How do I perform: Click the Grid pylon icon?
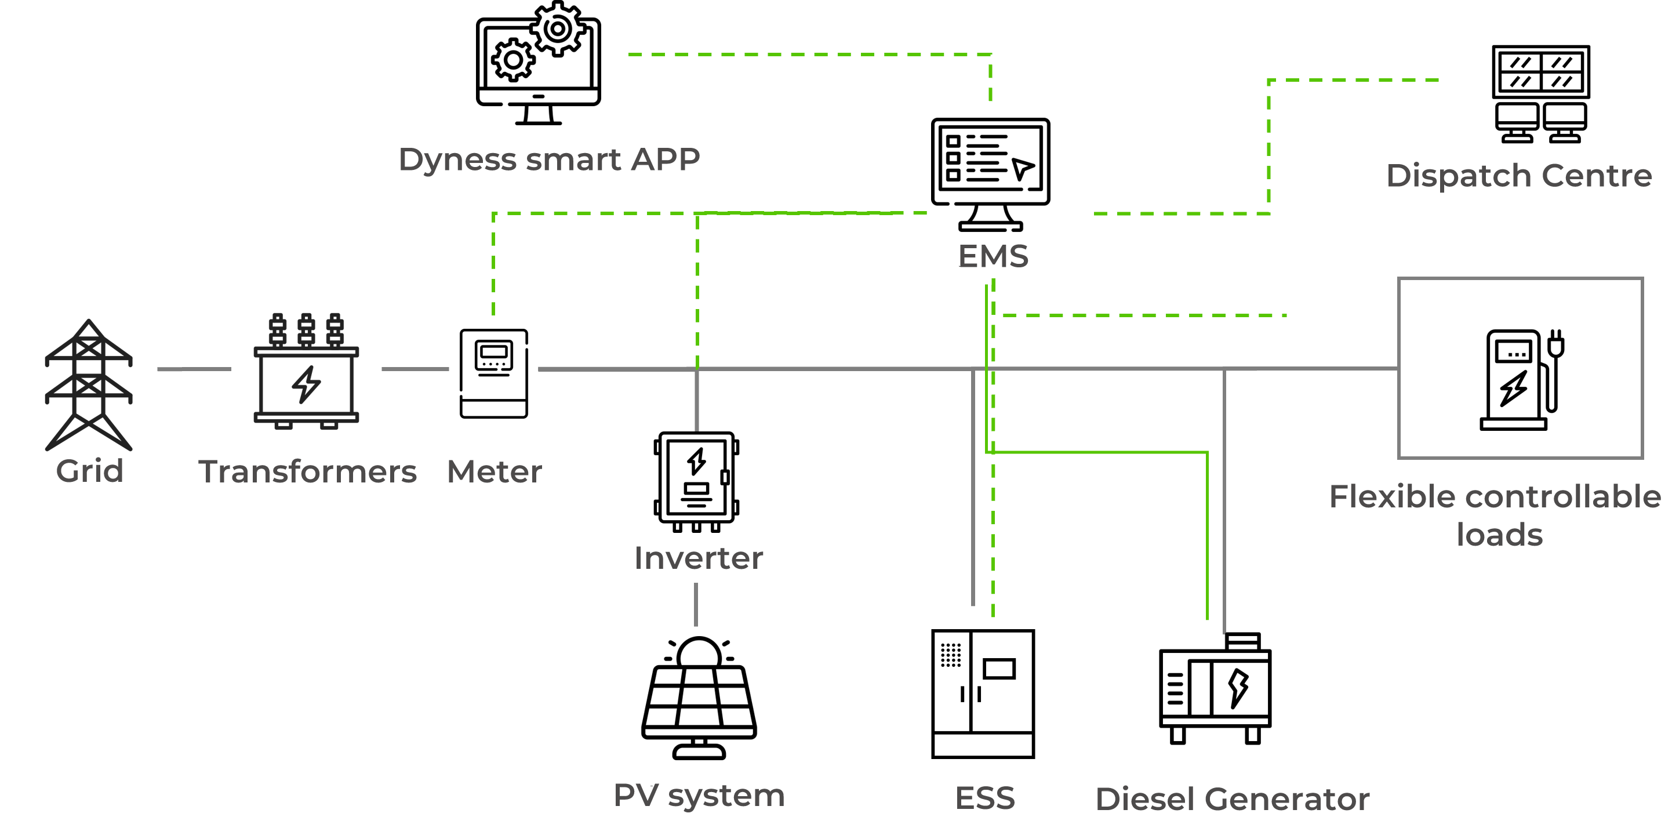click(x=88, y=384)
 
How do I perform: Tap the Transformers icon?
click(x=306, y=373)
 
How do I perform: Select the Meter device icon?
click(x=494, y=373)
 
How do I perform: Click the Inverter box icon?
click(x=696, y=481)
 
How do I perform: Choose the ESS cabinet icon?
click(x=983, y=693)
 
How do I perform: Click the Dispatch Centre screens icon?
click(x=1541, y=93)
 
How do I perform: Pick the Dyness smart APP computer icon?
click(x=538, y=64)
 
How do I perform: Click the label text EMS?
click(x=993, y=256)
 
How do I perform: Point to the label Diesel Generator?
click(x=1232, y=798)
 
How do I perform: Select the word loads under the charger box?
click(x=1499, y=535)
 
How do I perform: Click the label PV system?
click(x=699, y=796)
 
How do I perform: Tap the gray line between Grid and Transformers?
click(x=194, y=369)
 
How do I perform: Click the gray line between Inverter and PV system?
click(x=696, y=604)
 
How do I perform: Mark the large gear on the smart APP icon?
click(x=558, y=28)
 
